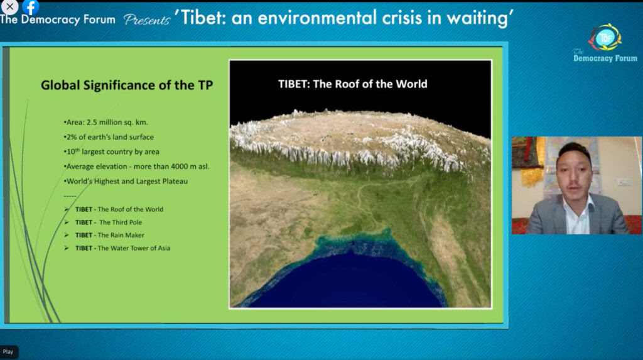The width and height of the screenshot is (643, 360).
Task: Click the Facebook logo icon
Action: click(31, 6)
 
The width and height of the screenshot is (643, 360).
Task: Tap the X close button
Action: click(9, 6)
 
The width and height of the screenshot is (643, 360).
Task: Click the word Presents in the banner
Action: click(146, 19)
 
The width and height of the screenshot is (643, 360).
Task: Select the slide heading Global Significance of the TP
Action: click(127, 85)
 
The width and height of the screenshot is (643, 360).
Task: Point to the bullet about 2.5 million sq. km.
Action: click(105, 123)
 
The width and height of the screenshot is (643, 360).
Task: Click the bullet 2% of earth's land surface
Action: click(109, 137)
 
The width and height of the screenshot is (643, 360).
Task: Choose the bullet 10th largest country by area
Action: click(112, 151)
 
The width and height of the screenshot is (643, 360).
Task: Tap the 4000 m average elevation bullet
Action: click(136, 166)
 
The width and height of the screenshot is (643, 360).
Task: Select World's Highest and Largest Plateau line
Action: click(126, 181)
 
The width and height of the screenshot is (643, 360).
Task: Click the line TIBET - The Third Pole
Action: click(108, 222)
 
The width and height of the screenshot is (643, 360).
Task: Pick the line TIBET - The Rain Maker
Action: click(109, 235)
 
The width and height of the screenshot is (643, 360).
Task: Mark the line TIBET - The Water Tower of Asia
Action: click(122, 248)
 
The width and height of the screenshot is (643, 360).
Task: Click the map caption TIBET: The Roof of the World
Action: click(353, 84)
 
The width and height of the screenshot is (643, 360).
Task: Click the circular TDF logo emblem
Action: click(605, 38)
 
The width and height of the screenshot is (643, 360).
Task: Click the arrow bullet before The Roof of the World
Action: click(67, 209)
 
